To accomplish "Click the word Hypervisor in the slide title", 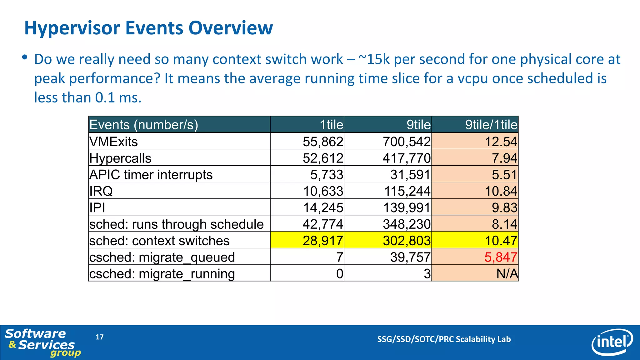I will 72,28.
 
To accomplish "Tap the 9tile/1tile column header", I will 491,125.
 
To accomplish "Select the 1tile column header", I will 331,125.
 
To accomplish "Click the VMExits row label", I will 113,142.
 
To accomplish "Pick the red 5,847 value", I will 501,257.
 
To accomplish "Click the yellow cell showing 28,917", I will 323,241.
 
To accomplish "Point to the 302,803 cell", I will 407,241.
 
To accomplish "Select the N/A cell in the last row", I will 507,274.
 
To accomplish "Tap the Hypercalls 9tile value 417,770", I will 407,158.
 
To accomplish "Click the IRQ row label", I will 101,191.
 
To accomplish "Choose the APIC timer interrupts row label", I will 151,175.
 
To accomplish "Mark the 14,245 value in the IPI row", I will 323,207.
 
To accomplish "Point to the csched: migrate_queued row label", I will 162,257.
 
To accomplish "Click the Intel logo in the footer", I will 612,342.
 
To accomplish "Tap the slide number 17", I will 99,337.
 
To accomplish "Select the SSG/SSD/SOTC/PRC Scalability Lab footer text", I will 444,339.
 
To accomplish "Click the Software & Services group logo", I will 41,342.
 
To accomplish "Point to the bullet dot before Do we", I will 25,57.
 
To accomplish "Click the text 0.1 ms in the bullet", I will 118,97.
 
